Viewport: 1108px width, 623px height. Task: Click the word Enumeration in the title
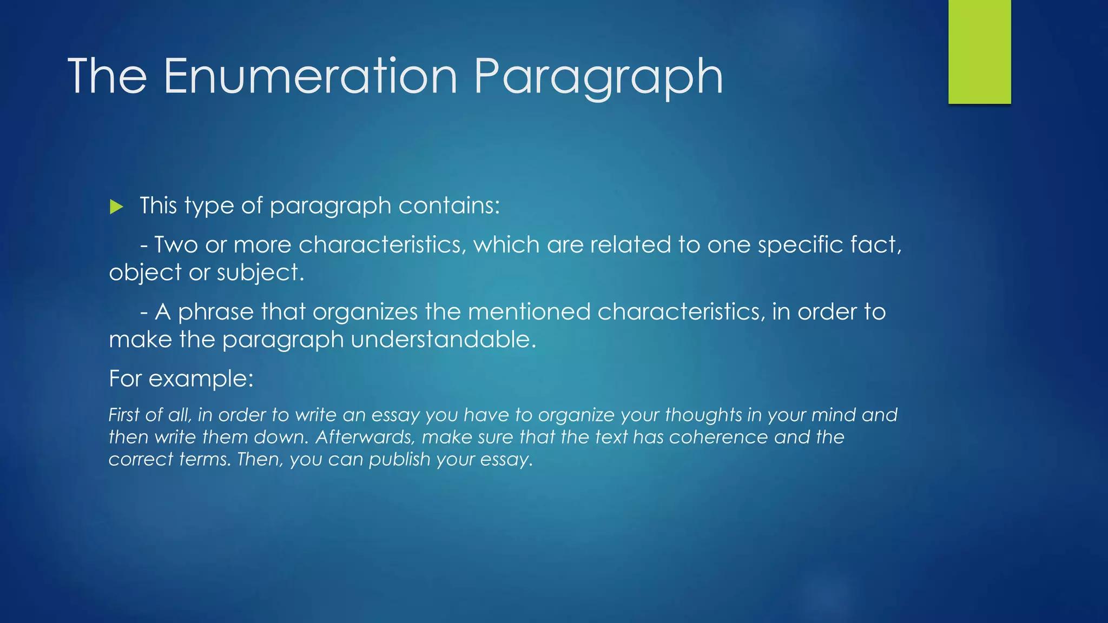tap(310, 76)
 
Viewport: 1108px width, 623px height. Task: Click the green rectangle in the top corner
tap(979, 51)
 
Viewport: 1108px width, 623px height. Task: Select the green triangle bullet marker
tap(116, 207)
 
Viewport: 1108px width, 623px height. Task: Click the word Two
tap(176, 245)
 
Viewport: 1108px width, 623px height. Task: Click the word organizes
tap(365, 312)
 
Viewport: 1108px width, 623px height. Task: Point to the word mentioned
tap(529, 312)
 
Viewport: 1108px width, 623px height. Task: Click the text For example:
tap(181, 379)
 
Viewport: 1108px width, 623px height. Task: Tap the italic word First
tap(124, 415)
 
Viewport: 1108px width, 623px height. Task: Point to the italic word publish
tap(399, 460)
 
